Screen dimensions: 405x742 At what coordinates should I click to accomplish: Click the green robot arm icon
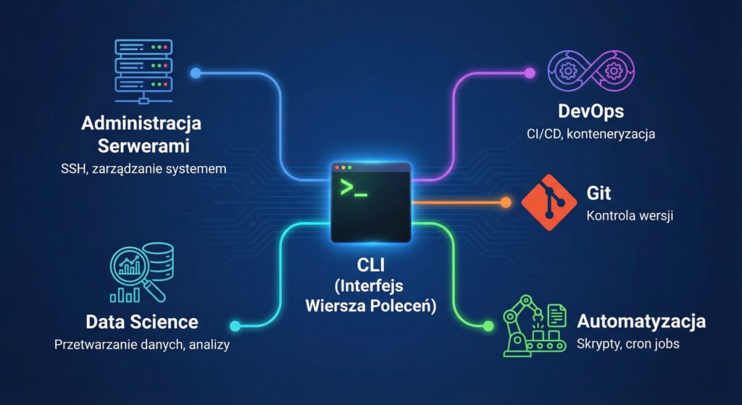[535, 330]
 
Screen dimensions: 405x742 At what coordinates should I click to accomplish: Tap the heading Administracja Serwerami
[141, 134]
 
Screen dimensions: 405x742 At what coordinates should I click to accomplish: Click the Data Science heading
[141, 322]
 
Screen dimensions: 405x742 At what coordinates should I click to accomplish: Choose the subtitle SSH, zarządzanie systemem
[142, 170]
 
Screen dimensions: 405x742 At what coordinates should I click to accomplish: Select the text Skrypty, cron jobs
[628, 343]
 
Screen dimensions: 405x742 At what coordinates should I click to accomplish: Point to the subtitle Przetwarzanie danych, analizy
[142, 345]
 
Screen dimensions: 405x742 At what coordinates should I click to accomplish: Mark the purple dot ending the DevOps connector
[530, 72]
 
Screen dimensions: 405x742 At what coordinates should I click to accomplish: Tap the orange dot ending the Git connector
[505, 203]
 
